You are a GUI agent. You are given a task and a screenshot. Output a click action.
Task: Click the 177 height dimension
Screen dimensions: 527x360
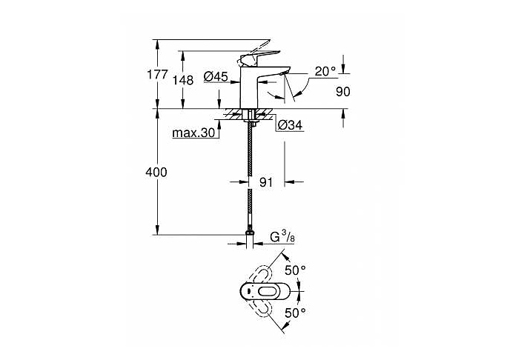[x=157, y=74]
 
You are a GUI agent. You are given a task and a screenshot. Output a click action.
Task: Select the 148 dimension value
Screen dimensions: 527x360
[x=183, y=80]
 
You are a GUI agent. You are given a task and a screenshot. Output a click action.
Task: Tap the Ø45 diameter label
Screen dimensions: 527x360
[x=216, y=76]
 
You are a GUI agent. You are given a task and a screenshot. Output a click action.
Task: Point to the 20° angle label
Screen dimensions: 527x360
[x=325, y=71]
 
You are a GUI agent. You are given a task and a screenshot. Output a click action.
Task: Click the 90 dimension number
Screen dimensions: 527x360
[x=343, y=92]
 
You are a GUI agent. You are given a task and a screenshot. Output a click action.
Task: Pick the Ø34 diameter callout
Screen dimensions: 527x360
[x=290, y=125]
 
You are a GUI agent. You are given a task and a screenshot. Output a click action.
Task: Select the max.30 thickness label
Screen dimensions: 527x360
[x=193, y=133]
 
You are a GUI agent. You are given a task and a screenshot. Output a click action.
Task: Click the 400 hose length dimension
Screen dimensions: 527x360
[x=156, y=173]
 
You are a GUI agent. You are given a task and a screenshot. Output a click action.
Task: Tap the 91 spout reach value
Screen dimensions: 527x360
[x=266, y=182]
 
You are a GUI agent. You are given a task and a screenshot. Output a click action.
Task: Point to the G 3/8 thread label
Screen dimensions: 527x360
[x=282, y=237]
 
